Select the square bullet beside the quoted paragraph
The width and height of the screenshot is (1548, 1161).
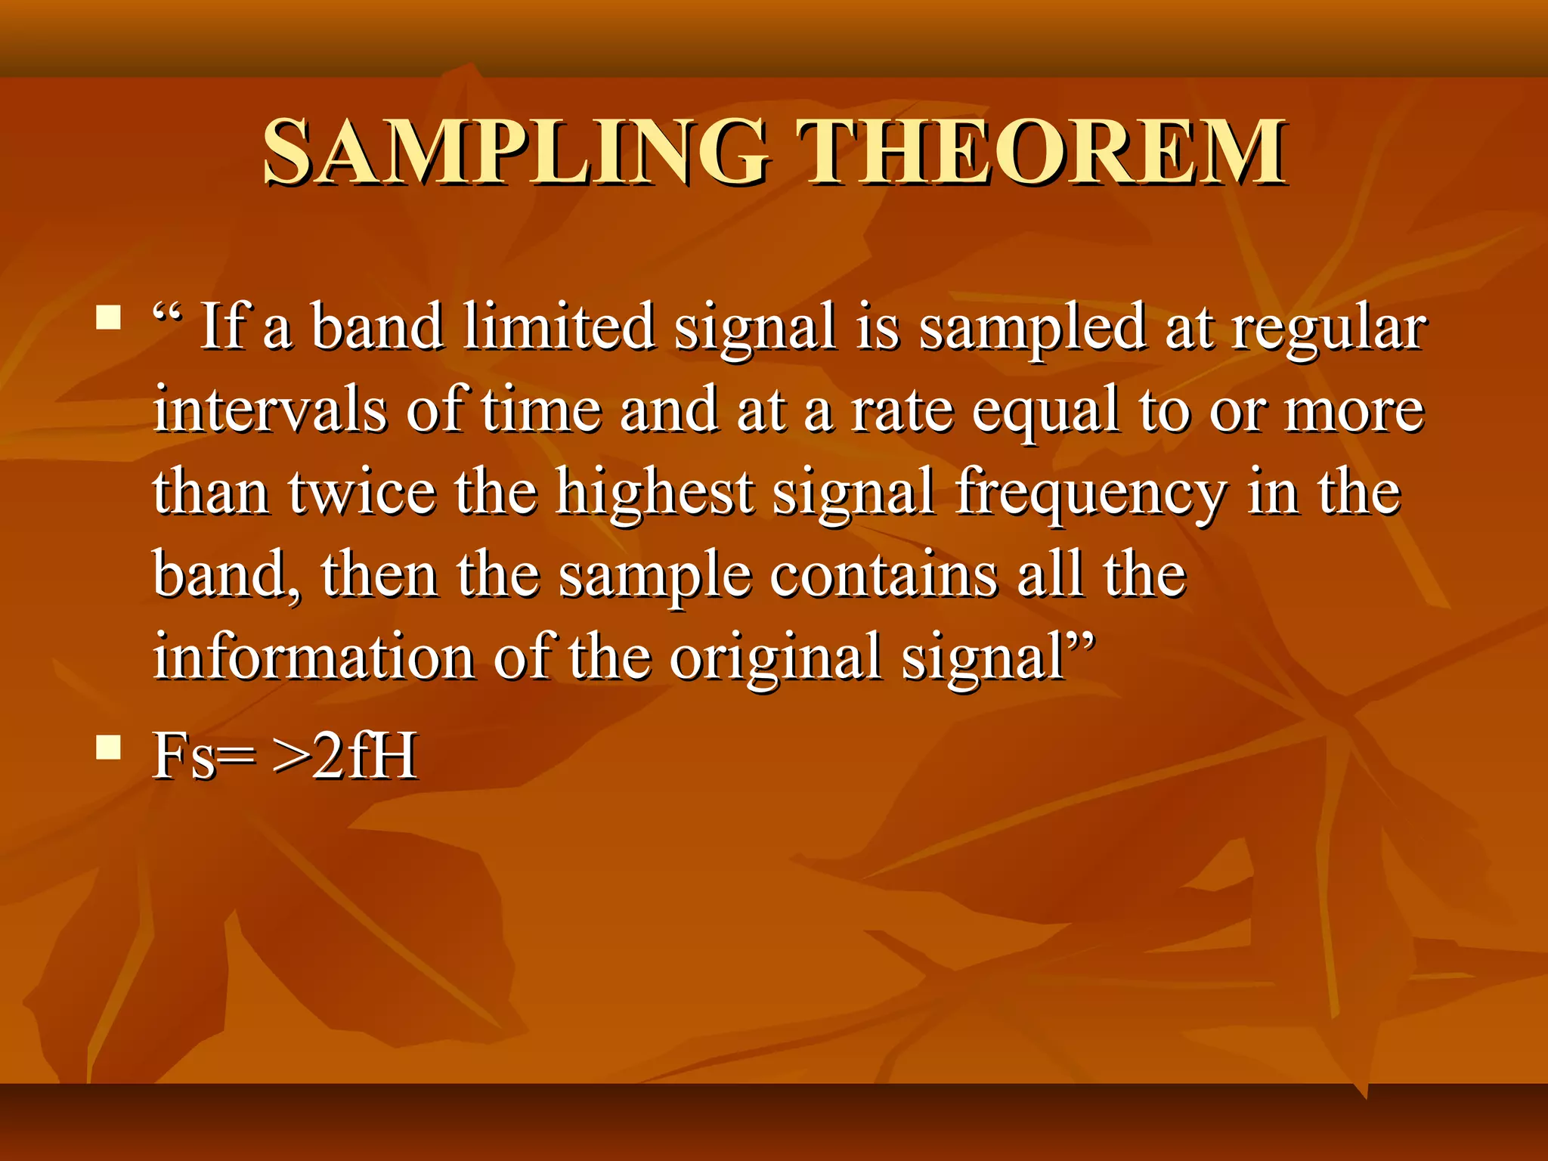point(109,318)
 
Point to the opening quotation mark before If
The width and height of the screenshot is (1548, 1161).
point(167,311)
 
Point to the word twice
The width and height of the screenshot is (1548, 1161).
point(362,492)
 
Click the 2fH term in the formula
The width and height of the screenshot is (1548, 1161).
point(364,755)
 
